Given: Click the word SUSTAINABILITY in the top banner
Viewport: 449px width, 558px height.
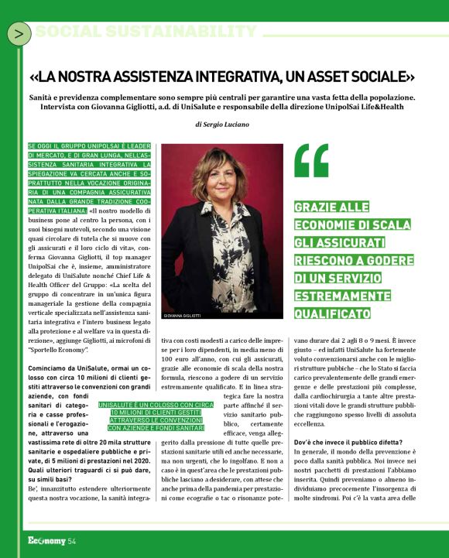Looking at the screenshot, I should [187, 32].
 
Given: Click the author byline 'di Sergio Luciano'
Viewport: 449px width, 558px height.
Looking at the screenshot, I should [222, 124].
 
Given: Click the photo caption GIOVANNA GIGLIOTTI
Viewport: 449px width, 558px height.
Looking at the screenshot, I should [183, 316].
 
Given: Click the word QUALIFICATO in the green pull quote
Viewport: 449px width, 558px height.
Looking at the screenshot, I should [334, 313].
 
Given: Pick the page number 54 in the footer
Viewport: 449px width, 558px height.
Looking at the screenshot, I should [71, 540].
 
